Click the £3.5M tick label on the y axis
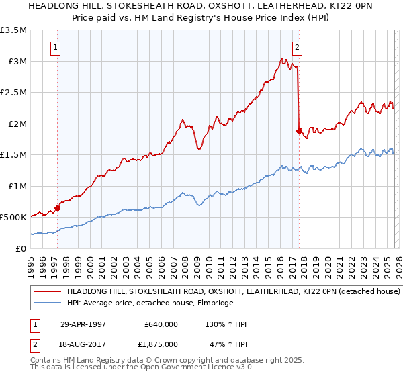14,30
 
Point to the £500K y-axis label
13,218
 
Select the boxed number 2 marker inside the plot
296,47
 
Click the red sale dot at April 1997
58,208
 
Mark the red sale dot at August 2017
299,132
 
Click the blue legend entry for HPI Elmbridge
149,303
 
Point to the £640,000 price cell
161,324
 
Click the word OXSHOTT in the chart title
208,7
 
